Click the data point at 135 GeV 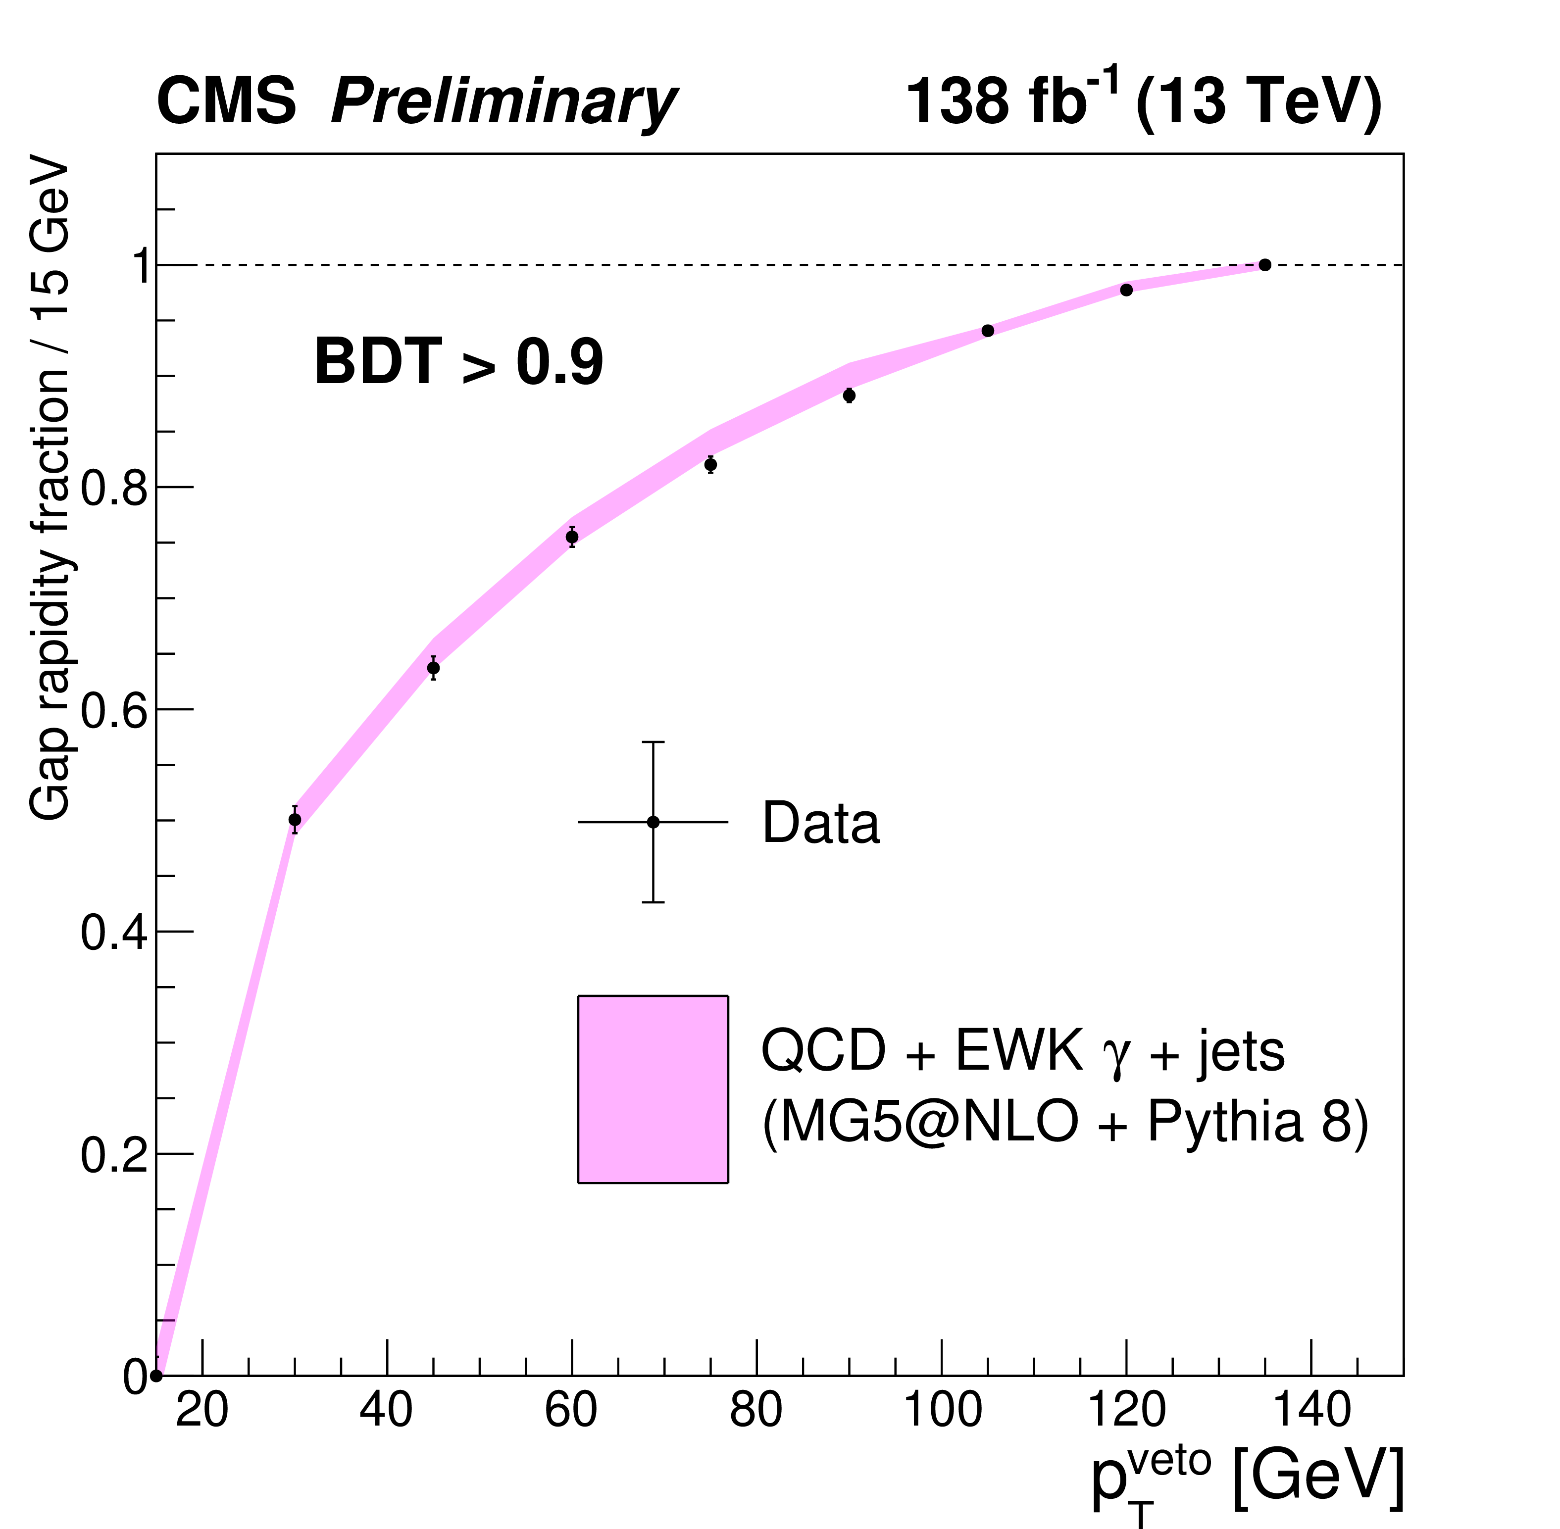point(1264,265)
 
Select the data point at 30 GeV point(295,820)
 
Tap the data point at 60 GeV point(572,537)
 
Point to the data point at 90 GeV point(849,395)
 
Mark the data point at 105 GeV point(988,331)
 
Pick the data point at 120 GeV point(1126,290)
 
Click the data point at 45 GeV point(433,668)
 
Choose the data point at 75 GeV point(710,465)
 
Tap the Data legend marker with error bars point(653,822)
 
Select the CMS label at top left point(227,102)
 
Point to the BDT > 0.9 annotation point(458,363)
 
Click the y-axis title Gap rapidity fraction point(50,490)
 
